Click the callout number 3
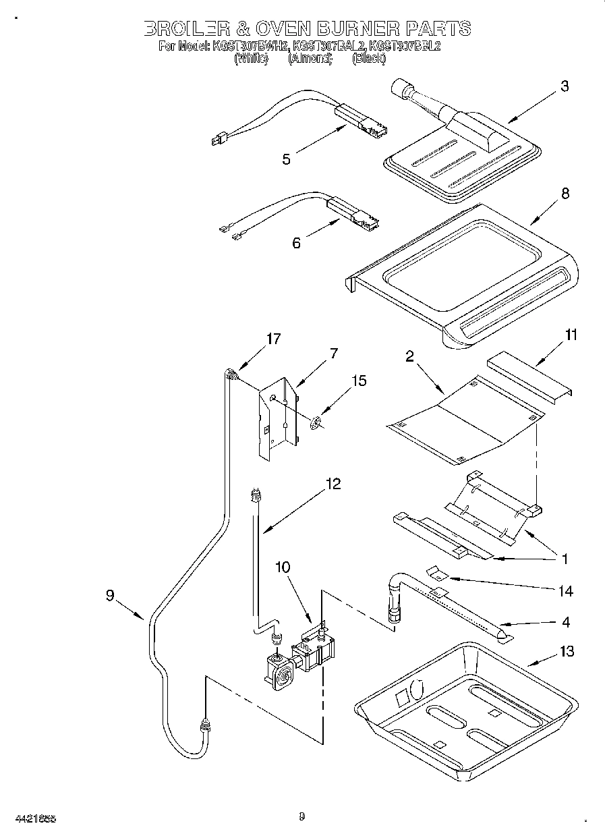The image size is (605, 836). coord(565,86)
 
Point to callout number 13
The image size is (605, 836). coord(567,651)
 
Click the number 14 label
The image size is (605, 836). coord(565,591)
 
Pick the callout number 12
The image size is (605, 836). coord(332,484)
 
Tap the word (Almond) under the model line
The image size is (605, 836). coord(310,59)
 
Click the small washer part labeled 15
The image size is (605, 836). coord(314,424)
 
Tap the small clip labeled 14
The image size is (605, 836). coord(438,573)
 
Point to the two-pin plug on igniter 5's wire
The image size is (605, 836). coord(217,140)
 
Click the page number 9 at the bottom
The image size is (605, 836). coord(302,817)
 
